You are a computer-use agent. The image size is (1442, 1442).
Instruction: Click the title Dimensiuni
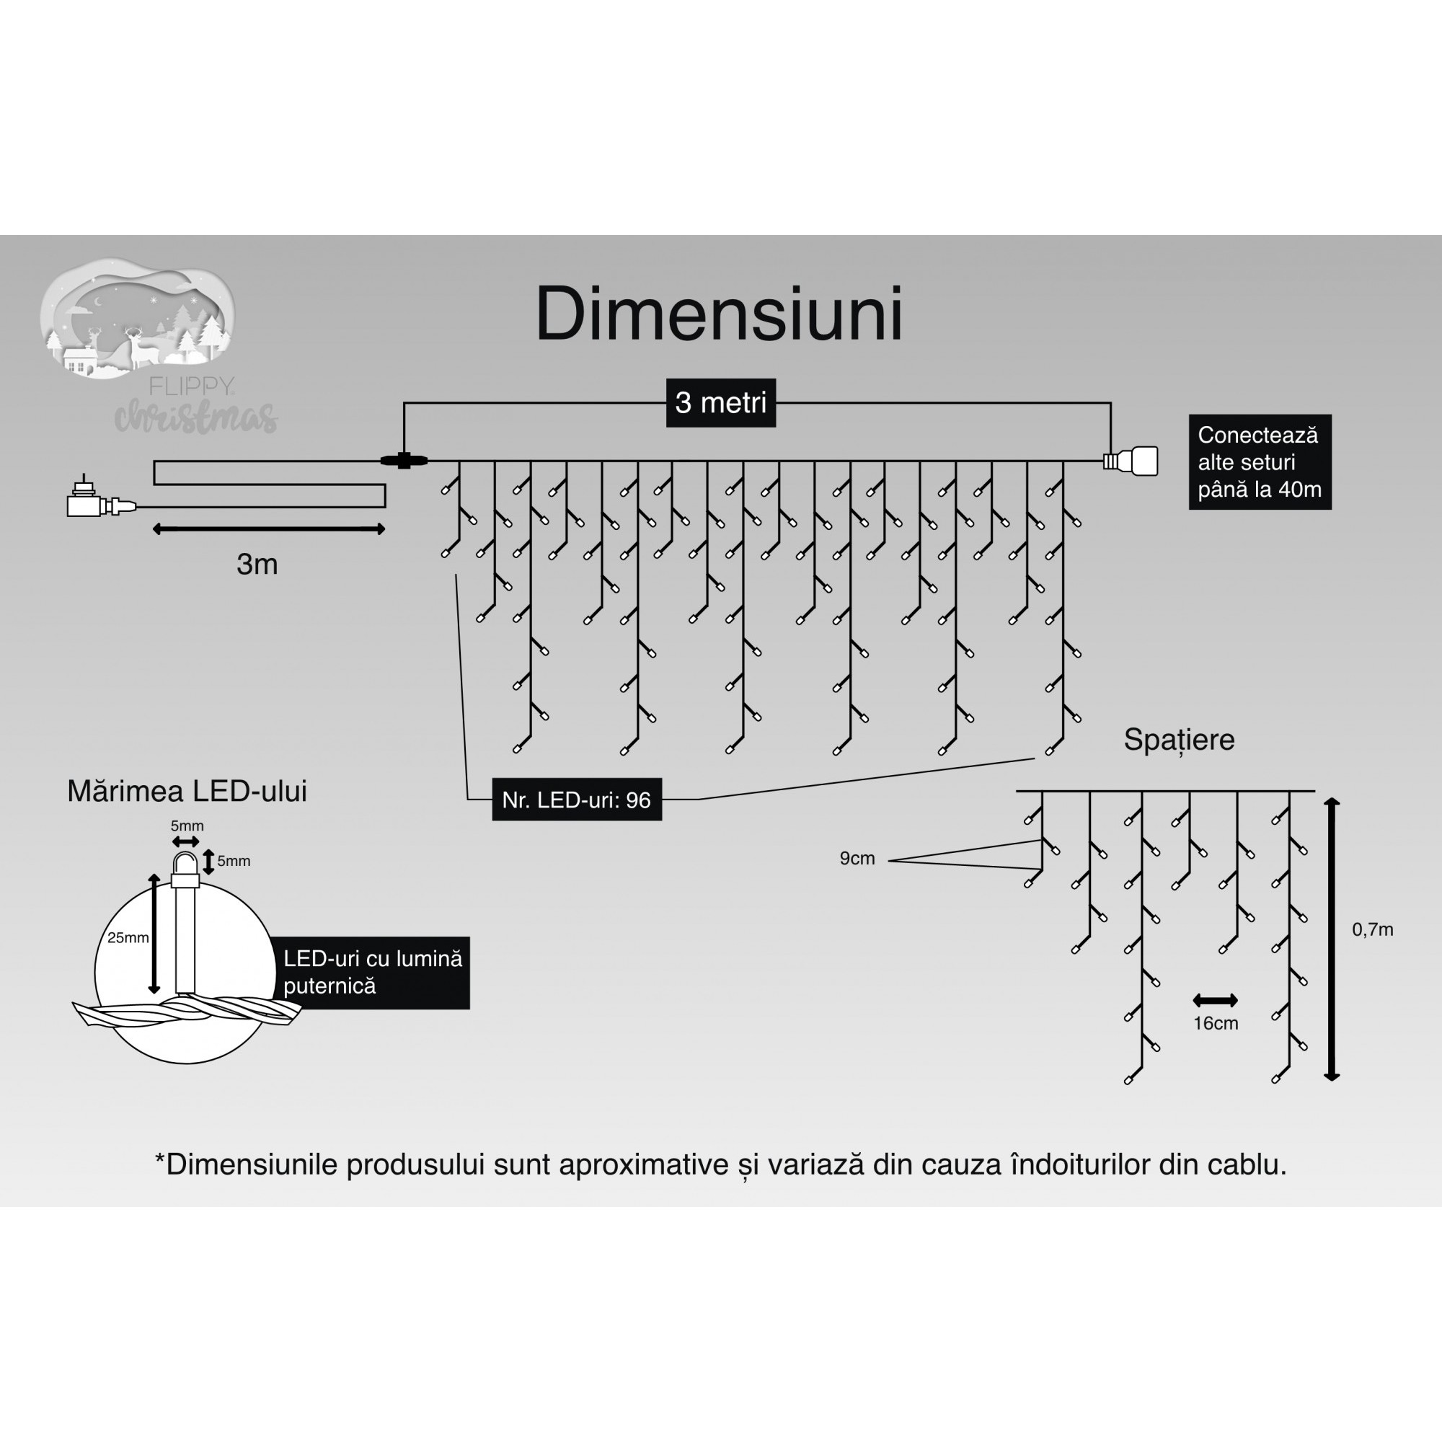click(x=719, y=315)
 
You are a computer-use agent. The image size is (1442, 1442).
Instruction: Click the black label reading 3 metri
click(x=720, y=403)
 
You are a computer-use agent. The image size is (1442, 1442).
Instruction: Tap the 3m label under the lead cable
click(x=257, y=565)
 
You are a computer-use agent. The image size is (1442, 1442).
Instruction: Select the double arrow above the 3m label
click(x=269, y=529)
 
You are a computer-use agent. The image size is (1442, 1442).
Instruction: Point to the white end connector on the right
click(x=1134, y=461)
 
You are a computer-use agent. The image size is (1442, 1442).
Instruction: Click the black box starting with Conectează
click(x=1259, y=462)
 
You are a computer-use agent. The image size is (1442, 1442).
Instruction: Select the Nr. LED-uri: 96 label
click(x=576, y=800)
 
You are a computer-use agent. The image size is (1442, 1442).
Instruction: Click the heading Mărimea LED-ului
click(x=187, y=792)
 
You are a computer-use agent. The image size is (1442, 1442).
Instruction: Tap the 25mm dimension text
click(x=128, y=938)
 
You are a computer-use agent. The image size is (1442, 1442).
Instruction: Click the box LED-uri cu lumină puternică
click(x=372, y=973)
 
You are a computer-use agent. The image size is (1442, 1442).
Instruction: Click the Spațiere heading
click(x=1179, y=740)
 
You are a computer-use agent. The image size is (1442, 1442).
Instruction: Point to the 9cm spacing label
click(x=857, y=858)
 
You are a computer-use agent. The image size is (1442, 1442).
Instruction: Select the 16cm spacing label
click(x=1215, y=1023)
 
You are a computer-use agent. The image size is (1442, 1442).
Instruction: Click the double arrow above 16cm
click(x=1215, y=1000)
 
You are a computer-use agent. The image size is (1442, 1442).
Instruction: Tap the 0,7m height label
click(x=1373, y=930)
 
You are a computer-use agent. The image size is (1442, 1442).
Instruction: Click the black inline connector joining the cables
click(x=404, y=461)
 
